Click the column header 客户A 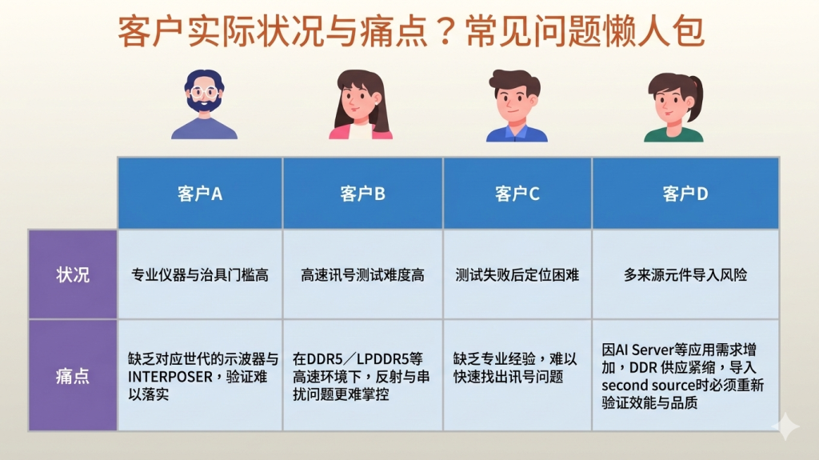point(200,194)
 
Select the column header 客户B point(362,194)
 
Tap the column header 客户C point(517,194)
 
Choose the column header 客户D point(685,194)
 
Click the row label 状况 point(73,274)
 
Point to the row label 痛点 point(73,376)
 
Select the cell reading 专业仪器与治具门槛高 point(200,275)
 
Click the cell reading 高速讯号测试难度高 point(362,275)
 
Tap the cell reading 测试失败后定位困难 point(517,275)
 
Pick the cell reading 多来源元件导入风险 point(685,275)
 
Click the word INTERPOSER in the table point(170,377)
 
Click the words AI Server point(645,349)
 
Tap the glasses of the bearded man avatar point(204,93)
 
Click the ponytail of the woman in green point(697,97)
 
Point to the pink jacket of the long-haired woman point(361,131)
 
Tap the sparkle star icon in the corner point(785,426)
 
